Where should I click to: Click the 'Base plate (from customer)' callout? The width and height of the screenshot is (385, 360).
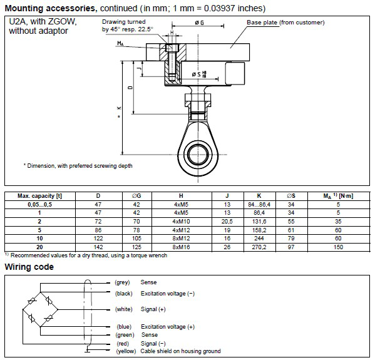[285, 23]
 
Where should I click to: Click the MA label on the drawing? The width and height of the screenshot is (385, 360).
[120, 43]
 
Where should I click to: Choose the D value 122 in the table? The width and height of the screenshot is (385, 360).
[98, 239]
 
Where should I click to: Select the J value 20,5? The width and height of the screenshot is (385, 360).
[228, 221]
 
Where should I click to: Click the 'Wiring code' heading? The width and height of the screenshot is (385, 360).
[29, 267]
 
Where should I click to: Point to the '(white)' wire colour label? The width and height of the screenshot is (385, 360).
[124, 309]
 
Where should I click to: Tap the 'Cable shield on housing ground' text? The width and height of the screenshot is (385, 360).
[181, 351]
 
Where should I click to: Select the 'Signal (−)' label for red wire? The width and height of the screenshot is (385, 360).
[154, 344]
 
